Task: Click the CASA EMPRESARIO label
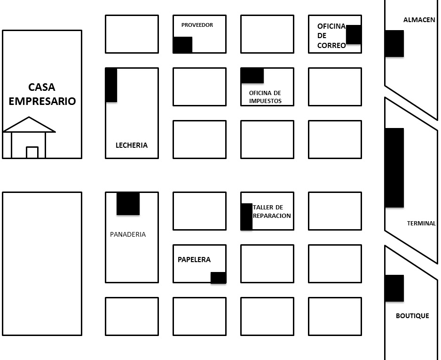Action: coord(42,94)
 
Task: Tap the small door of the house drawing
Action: coord(32,152)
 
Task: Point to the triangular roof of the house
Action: coord(29,126)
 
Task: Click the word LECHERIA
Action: coord(132,145)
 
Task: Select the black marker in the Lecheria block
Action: coord(111,85)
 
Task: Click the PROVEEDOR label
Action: coord(197,25)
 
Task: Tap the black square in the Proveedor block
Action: coord(182,45)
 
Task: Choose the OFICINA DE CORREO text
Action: coord(331,36)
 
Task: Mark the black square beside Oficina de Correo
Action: coord(354,35)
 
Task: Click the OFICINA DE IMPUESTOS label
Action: coord(265,97)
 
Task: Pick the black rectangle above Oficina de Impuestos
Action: coord(252,75)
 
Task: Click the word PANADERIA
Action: coord(128,234)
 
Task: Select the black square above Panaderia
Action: coord(128,203)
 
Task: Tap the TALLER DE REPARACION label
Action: coord(272,212)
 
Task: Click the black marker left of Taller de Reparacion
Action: coord(246,217)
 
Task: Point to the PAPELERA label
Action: coord(194,260)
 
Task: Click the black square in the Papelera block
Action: coord(218,278)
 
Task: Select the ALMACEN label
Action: coord(419,20)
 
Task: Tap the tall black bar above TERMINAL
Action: coord(394,168)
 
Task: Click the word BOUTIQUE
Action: coord(412,316)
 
